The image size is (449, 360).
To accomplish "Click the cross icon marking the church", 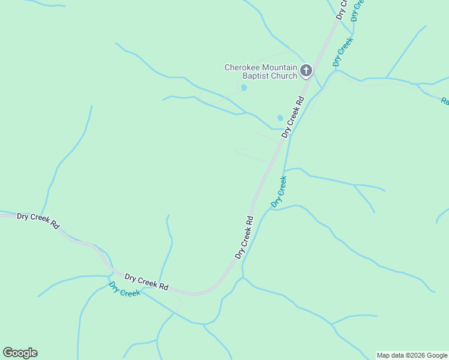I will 306,71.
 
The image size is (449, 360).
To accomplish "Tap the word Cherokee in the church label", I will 243,68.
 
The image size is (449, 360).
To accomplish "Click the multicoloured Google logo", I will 20,353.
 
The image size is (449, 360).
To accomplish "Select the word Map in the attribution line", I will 383,355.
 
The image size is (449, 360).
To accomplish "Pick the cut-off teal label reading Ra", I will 445,101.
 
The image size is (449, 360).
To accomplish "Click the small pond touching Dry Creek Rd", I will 280,118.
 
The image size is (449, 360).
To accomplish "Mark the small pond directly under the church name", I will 244,88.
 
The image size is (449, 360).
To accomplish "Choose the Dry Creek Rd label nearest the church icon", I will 294,114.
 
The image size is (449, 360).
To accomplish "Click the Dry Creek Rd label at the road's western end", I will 38,220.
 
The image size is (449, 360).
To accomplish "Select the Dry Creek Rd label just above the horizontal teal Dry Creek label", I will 146,281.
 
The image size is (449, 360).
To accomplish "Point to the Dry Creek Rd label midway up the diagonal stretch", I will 245,237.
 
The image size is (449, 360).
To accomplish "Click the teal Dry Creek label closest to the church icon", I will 342,52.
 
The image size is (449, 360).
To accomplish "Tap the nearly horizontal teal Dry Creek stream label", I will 125,290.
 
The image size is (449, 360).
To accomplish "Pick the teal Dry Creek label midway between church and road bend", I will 279,191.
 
